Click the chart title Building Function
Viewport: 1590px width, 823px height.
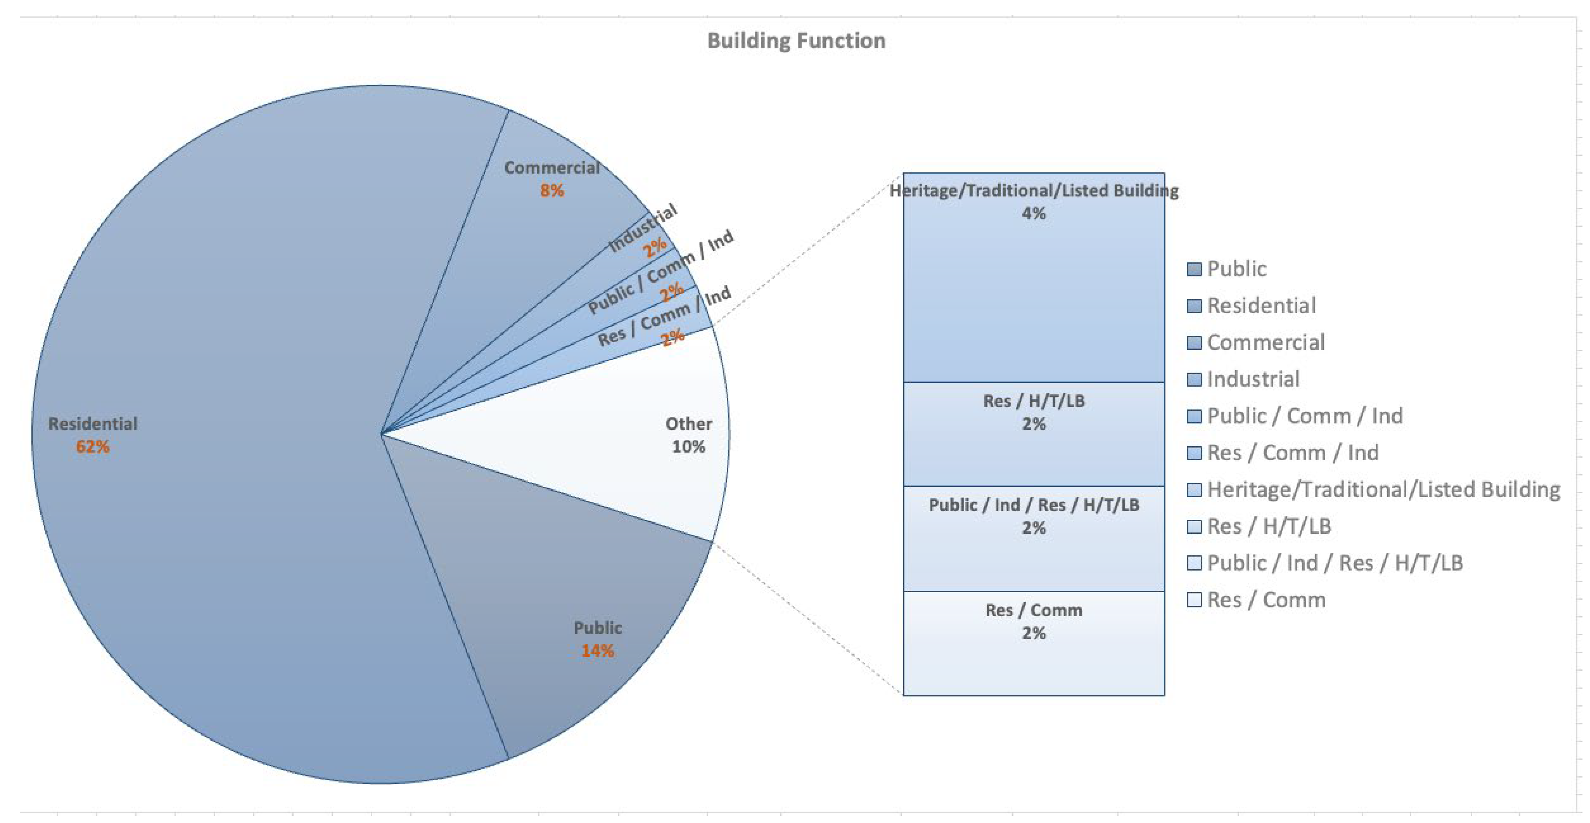point(796,41)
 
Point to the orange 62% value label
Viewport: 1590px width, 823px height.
point(92,446)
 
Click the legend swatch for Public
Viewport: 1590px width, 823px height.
point(1194,269)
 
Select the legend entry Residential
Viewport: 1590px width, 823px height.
point(1261,306)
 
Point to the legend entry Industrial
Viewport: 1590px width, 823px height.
point(1253,379)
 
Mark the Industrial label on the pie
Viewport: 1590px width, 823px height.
point(642,228)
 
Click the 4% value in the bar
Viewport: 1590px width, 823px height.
point(1034,214)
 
